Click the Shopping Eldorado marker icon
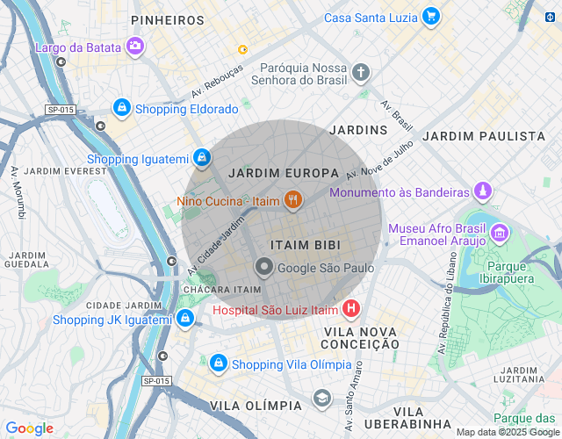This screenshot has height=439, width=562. (121, 108)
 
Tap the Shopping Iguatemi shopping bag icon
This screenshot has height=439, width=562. (203, 158)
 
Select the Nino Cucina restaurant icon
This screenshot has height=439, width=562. (293, 200)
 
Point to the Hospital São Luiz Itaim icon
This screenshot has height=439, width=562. (351, 309)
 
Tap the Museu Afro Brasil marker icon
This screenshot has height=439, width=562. (500, 233)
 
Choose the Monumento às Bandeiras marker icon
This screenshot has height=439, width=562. (482, 191)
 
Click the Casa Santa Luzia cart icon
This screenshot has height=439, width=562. (430, 17)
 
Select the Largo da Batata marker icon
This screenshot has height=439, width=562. (135, 47)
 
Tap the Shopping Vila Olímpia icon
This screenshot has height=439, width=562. (218, 363)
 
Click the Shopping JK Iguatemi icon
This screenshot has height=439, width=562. (184, 319)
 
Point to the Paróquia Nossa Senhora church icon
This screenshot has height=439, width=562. (361, 73)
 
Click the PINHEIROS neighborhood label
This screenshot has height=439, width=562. (167, 19)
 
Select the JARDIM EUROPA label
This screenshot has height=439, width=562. (283, 173)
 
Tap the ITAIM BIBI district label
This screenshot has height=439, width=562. (305, 244)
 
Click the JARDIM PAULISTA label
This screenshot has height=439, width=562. (483, 136)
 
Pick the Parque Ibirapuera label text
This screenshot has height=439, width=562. (518, 271)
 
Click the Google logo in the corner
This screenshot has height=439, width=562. (29, 428)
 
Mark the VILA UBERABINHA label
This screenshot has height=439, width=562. (408, 418)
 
